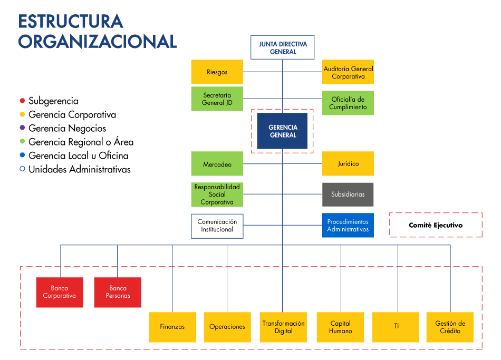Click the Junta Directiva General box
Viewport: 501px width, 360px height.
tap(282, 47)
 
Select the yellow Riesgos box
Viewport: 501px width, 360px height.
tap(217, 72)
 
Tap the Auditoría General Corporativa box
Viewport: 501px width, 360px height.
tap(348, 72)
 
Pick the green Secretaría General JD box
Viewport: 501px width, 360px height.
tap(217, 99)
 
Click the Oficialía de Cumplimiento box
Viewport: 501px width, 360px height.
tap(348, 103)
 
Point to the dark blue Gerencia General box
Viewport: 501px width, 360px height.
tap(282, 131)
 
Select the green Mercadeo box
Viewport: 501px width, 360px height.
tap(217, 164)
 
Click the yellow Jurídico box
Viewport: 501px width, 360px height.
tap(348, 163)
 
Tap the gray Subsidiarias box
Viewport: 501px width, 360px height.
tap(348, 194)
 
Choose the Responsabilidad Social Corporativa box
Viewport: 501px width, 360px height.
tap(217, 194)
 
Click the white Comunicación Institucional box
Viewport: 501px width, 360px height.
tap(217, 226)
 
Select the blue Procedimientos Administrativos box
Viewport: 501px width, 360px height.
tap(348, 226)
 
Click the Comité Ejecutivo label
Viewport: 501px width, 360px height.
tap(435, 225)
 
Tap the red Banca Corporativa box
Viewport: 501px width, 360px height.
tap(60, 292)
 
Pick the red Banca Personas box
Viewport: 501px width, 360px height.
tap(118, 292)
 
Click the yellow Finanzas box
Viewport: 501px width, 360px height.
tap(172, 327)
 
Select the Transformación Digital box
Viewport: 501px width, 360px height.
tap(283, 327)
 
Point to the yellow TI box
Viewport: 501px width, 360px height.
tap(396, 327)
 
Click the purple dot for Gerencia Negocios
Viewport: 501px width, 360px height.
tap(22, 128)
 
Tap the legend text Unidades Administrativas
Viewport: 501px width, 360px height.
tap(79, 169)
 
